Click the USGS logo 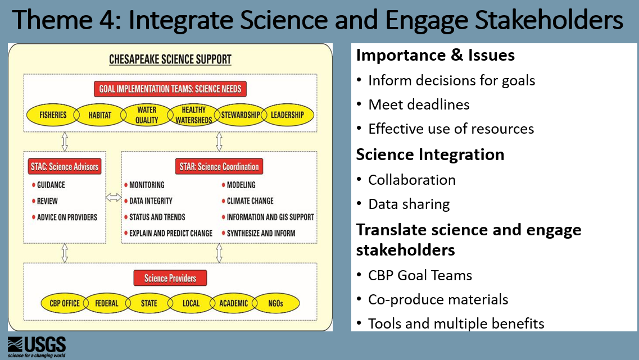37,347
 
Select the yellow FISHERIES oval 53,115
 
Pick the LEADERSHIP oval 287,115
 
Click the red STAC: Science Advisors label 64,166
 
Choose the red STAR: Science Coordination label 219,166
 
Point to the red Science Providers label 170,278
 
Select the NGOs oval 276,303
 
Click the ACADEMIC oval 233,303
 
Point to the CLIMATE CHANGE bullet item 250,200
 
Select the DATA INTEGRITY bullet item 151,200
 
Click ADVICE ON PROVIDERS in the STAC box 67,217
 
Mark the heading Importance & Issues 436,55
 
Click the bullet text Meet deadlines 419,104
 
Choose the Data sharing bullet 409,204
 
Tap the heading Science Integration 430,154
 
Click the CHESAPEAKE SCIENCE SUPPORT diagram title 170,59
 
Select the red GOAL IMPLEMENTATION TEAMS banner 170,89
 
